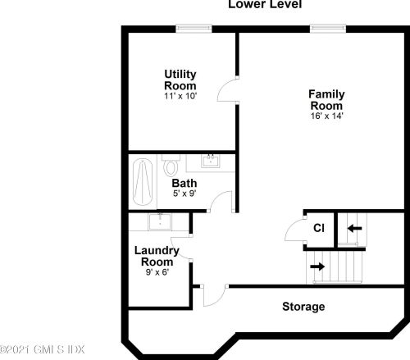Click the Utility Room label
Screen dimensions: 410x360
tap(180, 80)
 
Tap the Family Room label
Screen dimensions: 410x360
tap(326, 100)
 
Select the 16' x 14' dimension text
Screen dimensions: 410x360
tap(326, 116)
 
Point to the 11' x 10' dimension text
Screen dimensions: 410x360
tap(180, 96)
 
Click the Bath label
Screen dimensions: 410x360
tap(184, 183)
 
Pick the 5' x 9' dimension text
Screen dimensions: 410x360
tap(184, 194)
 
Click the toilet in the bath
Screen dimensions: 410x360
tap(171, 166)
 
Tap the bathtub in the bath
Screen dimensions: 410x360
tap(143, 182)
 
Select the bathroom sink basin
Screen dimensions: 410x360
tap(211, 161)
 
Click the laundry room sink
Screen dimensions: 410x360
tap(160, 221)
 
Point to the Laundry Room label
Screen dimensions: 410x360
tap(157, 256)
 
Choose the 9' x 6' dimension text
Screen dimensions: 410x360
tap(157, 272)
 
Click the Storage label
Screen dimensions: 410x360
tap(303, 307)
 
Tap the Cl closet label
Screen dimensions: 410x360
tap(319, 228)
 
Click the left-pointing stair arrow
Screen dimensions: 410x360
tap(355, 228)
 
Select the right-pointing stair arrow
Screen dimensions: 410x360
tap(317, 267)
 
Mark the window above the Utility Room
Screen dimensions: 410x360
tap(194, 29)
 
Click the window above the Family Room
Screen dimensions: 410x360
tap(328, 29)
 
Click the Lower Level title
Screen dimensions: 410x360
tap(265, 4)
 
